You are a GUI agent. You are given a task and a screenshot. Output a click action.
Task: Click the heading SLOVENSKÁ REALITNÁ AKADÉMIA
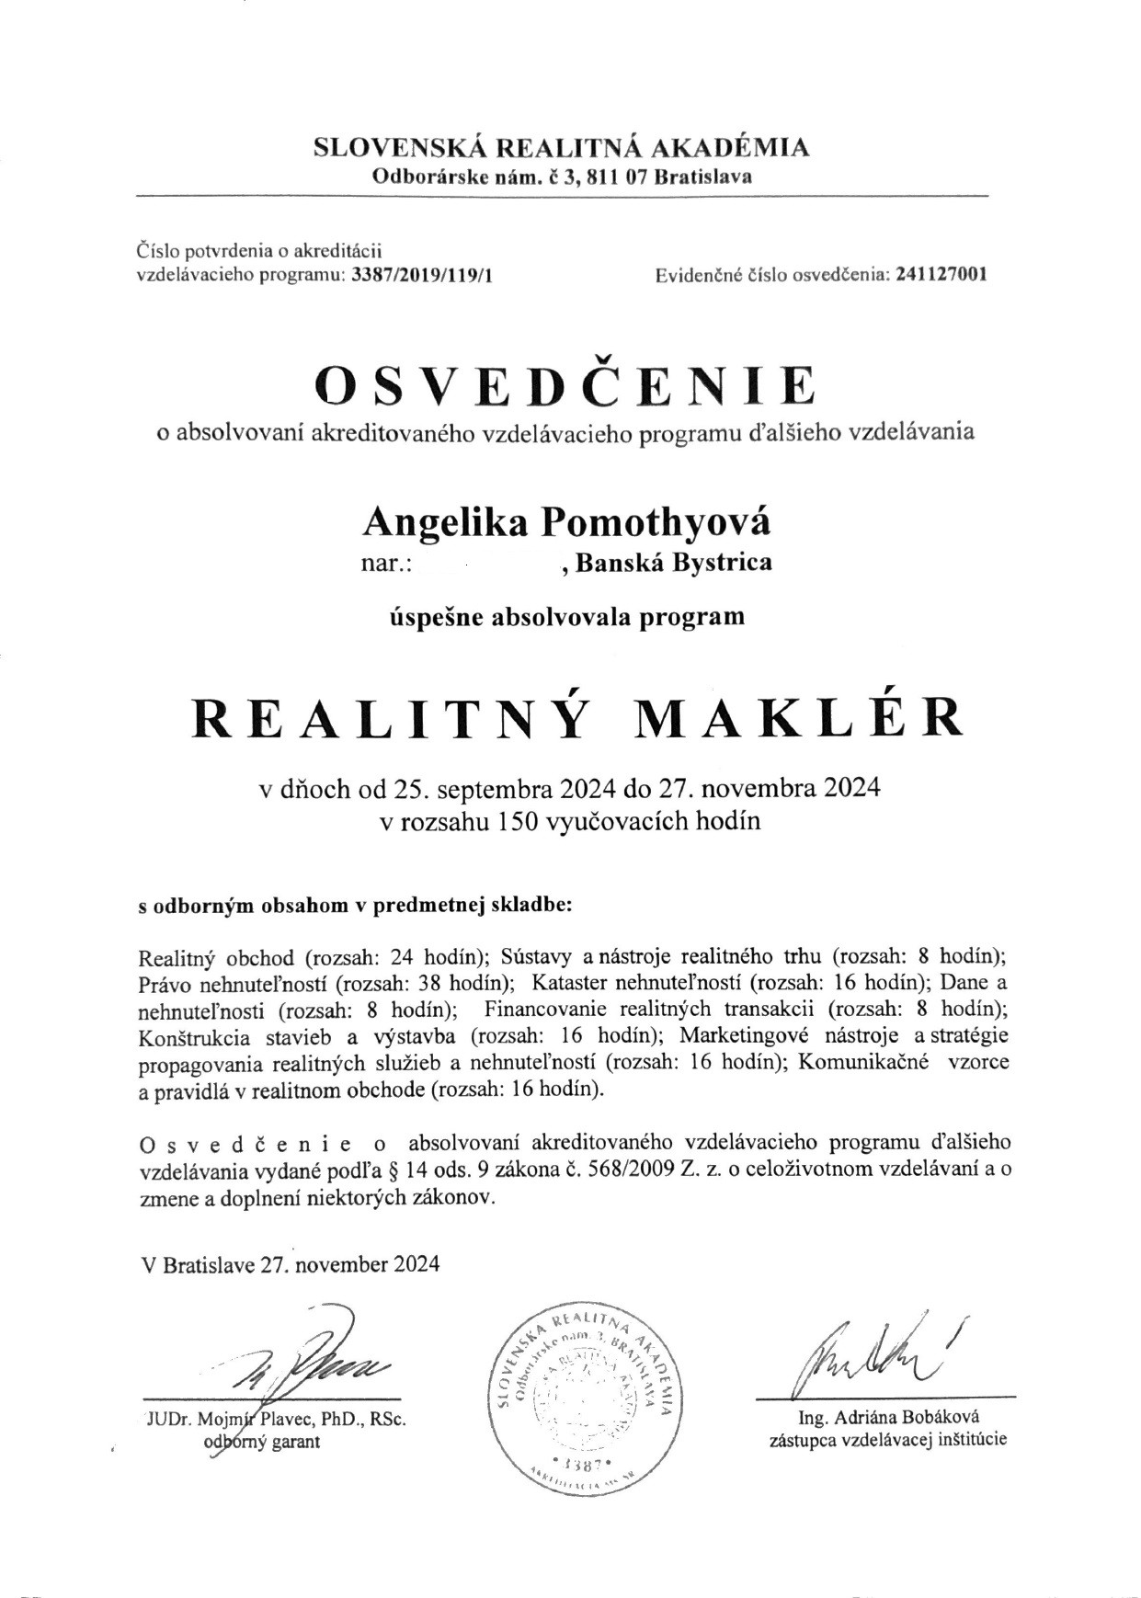pyautogui.click(x=562, y=147)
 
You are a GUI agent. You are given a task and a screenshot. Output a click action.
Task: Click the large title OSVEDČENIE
pyautogui.click(x=565, y=387)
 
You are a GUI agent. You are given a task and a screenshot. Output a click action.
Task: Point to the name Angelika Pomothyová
pyautogui.click(x=567, y=522)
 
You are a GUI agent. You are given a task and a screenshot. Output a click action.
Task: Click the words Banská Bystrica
pyautogui.click(x=673, y=563)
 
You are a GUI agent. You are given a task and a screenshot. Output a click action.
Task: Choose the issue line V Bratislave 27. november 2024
pyautogui.click(x=291, y=1263)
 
